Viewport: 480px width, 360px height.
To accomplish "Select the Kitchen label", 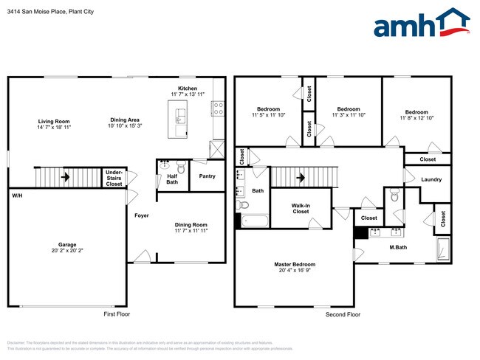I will tap(188, 88).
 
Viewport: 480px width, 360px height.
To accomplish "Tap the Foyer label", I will tap(142, 215).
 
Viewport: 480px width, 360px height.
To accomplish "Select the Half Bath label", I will tap(172, 179).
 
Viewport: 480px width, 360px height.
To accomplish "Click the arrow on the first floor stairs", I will tap(65, 177).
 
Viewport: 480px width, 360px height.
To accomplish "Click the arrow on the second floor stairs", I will tap(301, 177).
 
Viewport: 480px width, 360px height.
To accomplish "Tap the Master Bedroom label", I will tap(294, 264).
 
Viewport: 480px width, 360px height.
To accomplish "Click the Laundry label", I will tap(431, 179).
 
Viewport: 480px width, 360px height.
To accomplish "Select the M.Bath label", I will tap(398, 247).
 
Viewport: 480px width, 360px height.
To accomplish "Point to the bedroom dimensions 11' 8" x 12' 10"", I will tap(416, 117).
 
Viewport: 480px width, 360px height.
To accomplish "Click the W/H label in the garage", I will tap(16, 195).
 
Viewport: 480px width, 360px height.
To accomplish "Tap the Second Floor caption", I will tap(343, 314).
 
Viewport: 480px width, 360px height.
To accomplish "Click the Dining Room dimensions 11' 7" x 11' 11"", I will tap(191, 231).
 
